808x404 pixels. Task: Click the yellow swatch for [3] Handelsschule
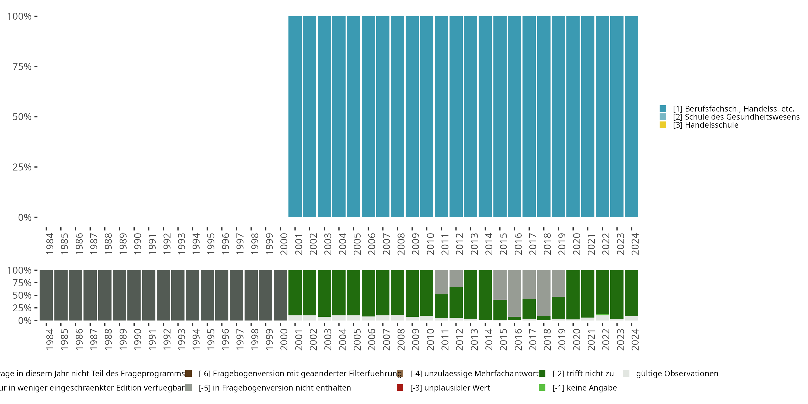coord(663,125)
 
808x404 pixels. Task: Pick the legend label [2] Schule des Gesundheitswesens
coord(736,117)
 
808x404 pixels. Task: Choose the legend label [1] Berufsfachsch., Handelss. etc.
coord(733,109)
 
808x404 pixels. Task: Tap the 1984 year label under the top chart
coord(50,244)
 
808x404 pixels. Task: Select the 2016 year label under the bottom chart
coord(518,339)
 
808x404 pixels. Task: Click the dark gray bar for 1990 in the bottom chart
coord(134,295)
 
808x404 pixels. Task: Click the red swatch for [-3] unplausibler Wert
coord(400,388)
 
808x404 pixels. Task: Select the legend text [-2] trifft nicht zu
coord(583,374)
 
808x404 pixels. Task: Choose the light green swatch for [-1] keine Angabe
coord(542,388)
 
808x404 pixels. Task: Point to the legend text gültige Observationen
coord(677,374)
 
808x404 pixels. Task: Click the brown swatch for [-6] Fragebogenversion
coord(189,374)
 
